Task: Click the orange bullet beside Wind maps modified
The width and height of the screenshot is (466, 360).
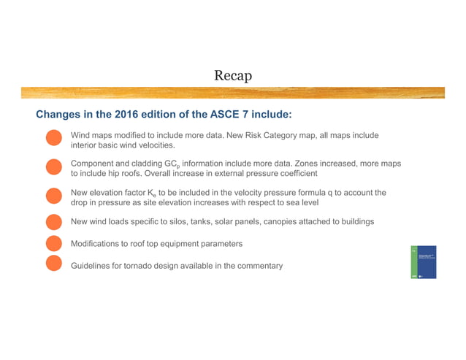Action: pos(53,140)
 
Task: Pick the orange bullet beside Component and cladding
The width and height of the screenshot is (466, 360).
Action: pos(53,168)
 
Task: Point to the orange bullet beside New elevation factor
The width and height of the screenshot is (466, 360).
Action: pos(53,197)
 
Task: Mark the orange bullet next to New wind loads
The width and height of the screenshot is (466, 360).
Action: pos(53,221)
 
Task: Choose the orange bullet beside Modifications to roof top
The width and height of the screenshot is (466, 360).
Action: pos(53,243)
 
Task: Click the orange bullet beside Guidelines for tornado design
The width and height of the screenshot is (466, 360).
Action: pos(53,265)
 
